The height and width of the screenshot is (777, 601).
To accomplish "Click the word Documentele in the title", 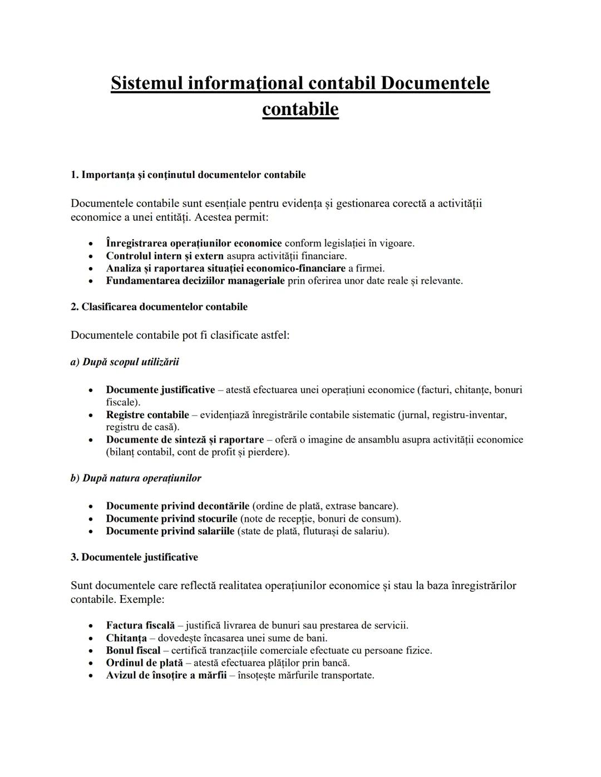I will tap(435, 83).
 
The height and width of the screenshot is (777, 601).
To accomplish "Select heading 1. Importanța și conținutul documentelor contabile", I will tap(188, 175).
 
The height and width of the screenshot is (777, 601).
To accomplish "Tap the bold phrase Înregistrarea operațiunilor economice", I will tap(194, 243).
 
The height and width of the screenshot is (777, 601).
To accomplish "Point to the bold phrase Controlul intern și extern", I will tap(165, 256).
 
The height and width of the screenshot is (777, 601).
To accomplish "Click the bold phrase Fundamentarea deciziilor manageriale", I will tap(195, 281).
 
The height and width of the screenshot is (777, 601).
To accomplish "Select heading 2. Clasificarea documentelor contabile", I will tap(159, 307).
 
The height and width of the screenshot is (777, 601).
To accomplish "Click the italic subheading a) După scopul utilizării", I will tap(125, 362).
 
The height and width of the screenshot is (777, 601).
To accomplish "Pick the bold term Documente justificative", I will tap(160, 390).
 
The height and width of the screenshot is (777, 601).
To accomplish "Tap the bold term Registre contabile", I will tap(147, 415).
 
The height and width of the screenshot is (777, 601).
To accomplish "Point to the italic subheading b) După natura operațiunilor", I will tap(136, 478).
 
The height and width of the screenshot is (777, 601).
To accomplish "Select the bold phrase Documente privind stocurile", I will tap(171, 519).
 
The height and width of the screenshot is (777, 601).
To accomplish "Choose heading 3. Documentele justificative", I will tap(134, 557).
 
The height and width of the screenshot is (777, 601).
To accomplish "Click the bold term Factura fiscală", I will tap(140, 626).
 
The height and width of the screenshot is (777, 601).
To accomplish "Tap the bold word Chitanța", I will tap(126, 638).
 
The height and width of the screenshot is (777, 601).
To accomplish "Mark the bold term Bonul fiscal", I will tap(133, 651).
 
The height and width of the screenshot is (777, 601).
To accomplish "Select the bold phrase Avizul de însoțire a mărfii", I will tap(166, 676).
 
